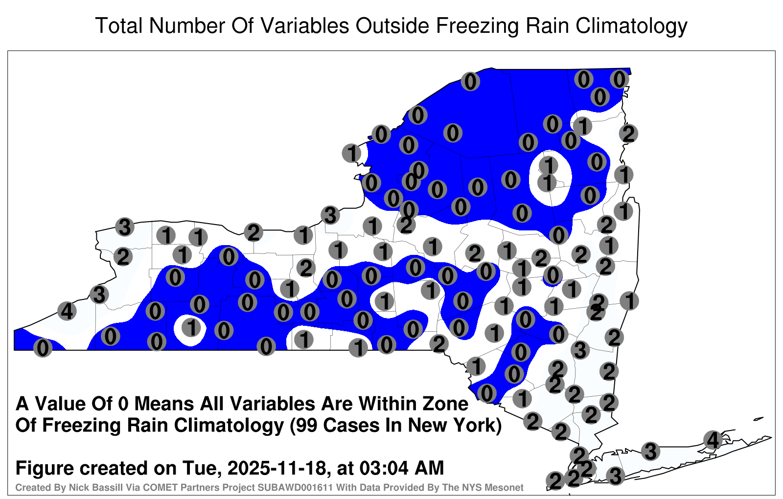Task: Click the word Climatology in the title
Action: (631, 26)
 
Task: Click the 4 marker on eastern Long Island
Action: (713, 440)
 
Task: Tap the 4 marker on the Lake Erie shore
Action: (67, 311)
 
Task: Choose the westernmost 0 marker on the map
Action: (43, 348)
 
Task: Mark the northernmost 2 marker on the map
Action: (628, 134)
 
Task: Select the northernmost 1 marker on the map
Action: (582, 126)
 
